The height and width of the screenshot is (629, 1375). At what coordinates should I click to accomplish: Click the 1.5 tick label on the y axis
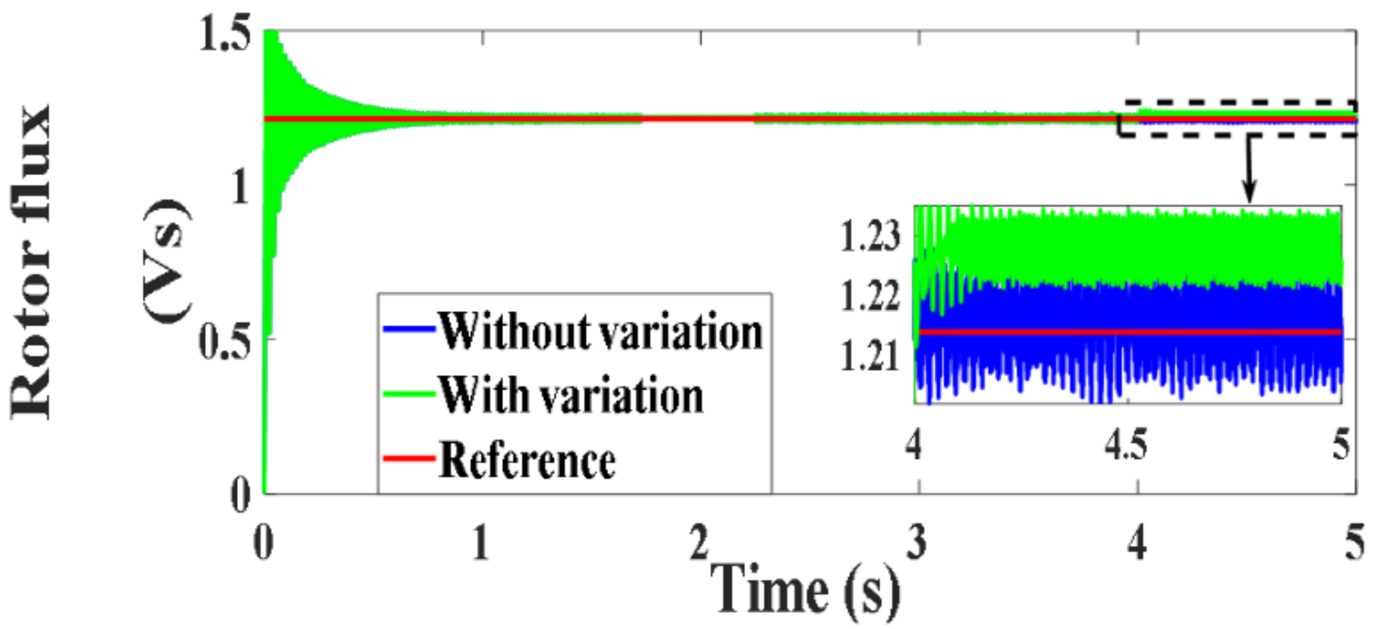pos(225,35)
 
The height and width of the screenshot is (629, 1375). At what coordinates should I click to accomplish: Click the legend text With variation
pos(570,395)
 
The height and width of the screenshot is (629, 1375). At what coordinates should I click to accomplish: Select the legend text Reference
pos(527,460)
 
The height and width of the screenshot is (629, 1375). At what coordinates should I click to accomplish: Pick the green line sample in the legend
pos(409,394)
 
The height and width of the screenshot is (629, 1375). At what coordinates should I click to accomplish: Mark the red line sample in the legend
pos(409,458)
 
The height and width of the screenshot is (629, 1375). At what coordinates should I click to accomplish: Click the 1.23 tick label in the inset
pos(870,236)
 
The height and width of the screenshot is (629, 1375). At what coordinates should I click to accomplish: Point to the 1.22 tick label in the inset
pos(870,296)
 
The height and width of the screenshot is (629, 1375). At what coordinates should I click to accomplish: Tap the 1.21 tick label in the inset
pos(870,356)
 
